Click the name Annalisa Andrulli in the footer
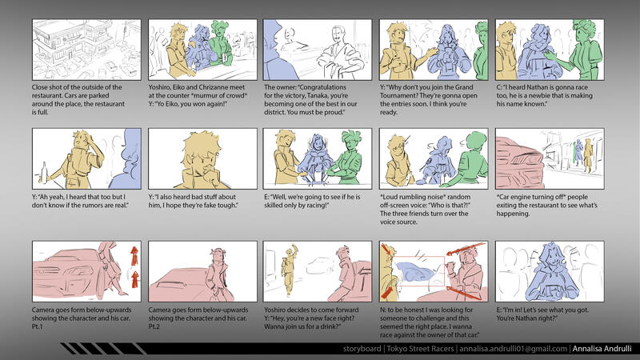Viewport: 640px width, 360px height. tap(602, 349)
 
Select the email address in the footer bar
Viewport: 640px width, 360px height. tap(513, 349)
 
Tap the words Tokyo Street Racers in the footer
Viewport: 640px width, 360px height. tap(420, 349)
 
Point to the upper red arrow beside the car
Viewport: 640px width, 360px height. tap(134, 255)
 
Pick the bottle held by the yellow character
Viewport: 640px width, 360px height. tap(44, 172)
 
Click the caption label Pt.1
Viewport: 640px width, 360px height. tap(37, 326)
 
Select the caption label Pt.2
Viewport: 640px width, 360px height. tap(154, 326)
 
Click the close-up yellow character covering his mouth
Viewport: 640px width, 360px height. tap(201, 160)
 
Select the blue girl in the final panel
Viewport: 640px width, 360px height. tap(550, 273)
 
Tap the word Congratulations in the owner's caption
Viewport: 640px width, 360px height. tap(316, 87)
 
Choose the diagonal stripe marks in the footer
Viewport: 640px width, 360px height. tap(103, 349)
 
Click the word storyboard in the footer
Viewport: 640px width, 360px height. tap(362, 349)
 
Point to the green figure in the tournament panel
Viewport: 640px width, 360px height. tap(482, 51)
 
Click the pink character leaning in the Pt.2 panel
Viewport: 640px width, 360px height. tap(218, 274)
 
